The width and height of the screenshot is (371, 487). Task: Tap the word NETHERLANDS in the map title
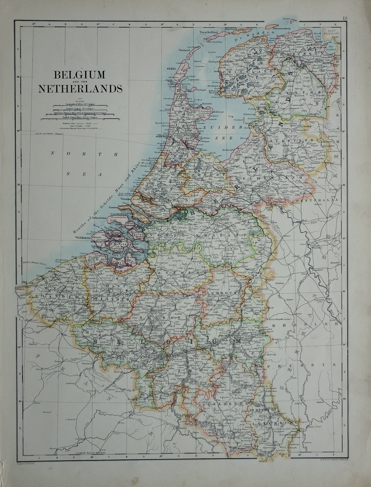80,89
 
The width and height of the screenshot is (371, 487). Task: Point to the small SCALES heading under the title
80,101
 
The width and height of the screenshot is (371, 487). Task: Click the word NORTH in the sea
83,153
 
